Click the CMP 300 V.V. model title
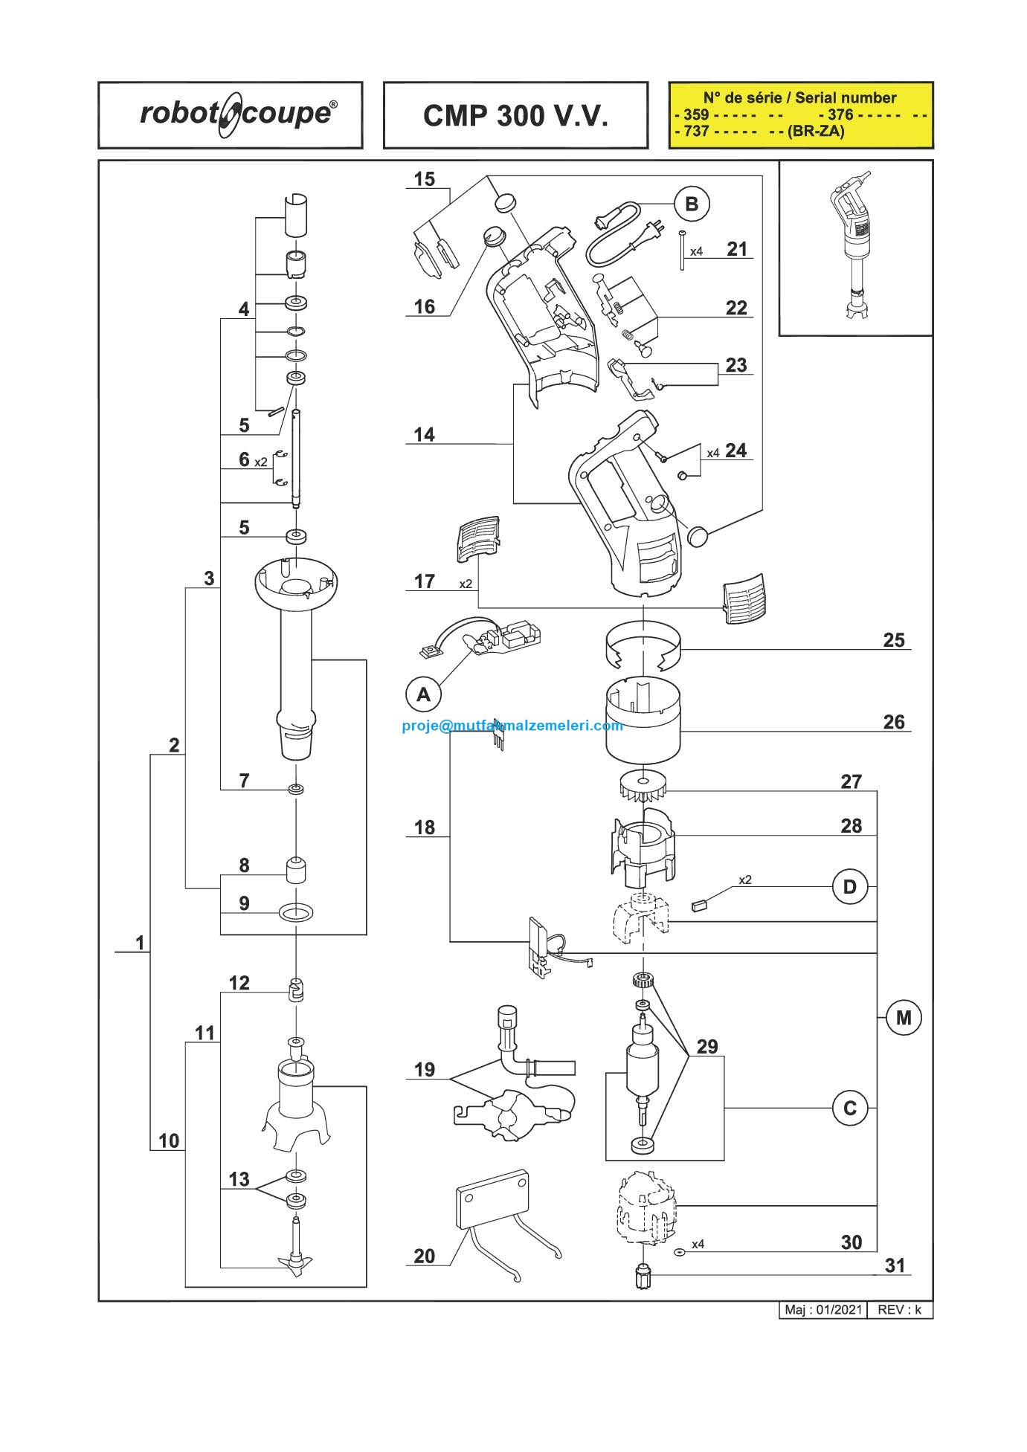[515, 116]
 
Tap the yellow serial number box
[800, 115]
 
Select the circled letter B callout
[692, 204]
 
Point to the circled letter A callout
[423, 694]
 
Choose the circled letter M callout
[904, 1017]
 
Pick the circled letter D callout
[850, 887]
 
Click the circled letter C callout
[850, 1108]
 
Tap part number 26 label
[894, 722]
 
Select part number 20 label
[424, 1256]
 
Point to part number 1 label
[140, 943]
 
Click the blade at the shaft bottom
[296, 1261]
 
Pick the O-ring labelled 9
[296, 911]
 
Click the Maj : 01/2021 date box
[823, 1309]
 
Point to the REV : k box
[900, 1309]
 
